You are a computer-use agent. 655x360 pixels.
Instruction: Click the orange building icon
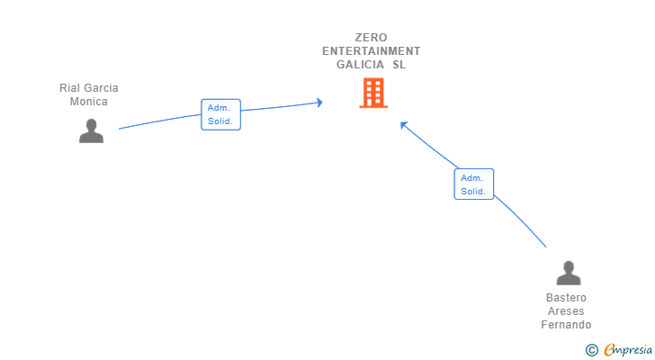click(x=373, y=93)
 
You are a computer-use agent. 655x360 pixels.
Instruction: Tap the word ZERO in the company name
click(x=371, y=38)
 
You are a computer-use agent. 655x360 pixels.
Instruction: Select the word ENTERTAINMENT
click(x=371, y=51)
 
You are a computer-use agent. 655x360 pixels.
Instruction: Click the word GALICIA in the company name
click(x=360, y=64)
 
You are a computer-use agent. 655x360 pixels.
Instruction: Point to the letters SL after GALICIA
click(x=399, y=64)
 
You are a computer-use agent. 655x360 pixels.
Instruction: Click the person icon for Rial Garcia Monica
click(x=91, y=131)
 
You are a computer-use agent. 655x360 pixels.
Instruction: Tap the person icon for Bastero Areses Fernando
click(x=569, y=273)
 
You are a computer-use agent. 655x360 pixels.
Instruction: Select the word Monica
click(x=88, y=102)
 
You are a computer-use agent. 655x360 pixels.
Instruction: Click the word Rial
click(x=68, y=87)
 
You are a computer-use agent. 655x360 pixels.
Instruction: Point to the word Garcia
click(x=100, y=87)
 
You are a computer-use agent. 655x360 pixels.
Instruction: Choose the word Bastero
click(x=566, y=298)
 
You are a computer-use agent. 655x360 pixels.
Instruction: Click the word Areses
click(x=566, y=311)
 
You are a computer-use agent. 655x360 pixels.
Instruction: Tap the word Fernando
click(x=566, y=325)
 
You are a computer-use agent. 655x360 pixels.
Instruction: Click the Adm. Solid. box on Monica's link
click(x=220, y=114)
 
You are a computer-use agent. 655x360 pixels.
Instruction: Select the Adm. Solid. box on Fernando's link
click(x=473, y=184)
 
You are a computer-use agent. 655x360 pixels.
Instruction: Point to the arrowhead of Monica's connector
click(x=320, y=103)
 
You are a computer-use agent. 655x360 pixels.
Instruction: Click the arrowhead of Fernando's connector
click(x=403, y=124)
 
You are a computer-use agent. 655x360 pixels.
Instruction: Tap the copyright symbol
click(x=591, y=350)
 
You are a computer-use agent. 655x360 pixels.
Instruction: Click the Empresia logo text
click(x=627, y=350)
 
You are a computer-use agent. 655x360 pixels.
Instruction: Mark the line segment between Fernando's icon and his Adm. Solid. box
click(x=521, y=220)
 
